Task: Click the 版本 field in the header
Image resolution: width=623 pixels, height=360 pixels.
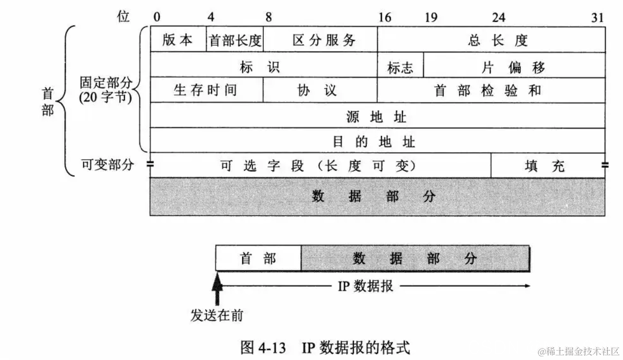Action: (x=178, y=40)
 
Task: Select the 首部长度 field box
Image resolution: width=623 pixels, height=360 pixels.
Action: (x=235, y=40)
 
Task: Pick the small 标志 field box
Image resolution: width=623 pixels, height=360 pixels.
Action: (x=400, y=67)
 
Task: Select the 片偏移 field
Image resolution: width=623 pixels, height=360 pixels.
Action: (x=513, y=67)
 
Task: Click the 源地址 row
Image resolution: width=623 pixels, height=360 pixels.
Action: (x=376, y=116)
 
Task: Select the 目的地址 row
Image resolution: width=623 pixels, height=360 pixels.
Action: (x=376, y=141)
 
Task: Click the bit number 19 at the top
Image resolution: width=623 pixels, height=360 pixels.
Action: (x=431, y=18)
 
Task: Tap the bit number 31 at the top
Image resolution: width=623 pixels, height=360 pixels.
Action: (x=597, y=18)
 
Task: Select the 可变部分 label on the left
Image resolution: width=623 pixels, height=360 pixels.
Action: (x=107, y=165)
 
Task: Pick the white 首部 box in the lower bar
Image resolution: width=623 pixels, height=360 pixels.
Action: (x=258, y=258)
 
